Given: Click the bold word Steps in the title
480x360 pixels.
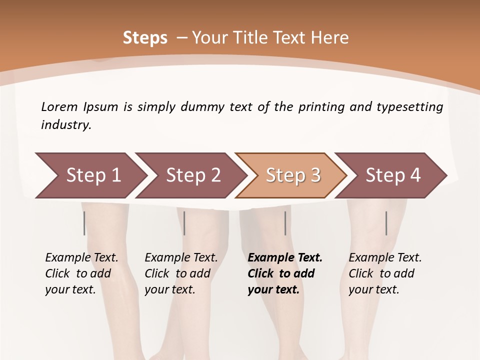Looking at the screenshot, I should click(x=145, y=38).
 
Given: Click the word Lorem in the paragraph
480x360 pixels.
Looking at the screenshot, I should click(x=59, y=106).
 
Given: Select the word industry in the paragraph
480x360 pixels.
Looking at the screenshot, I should click(x=66, y=125).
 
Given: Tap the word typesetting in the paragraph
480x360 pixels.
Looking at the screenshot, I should click(x=409, y=106).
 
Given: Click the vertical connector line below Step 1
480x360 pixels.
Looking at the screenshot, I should click(x=84, y=223).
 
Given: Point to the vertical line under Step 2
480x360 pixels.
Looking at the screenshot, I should click(x=184, y=223).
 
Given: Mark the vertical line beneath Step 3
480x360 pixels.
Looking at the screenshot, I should click(x=285, y=223).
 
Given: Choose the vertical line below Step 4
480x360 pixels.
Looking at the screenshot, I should click(x=386, y=223).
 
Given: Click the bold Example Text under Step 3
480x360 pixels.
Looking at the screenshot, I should click(x=285, y=257).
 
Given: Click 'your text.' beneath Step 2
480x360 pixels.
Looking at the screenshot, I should click(x=169, y=289).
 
